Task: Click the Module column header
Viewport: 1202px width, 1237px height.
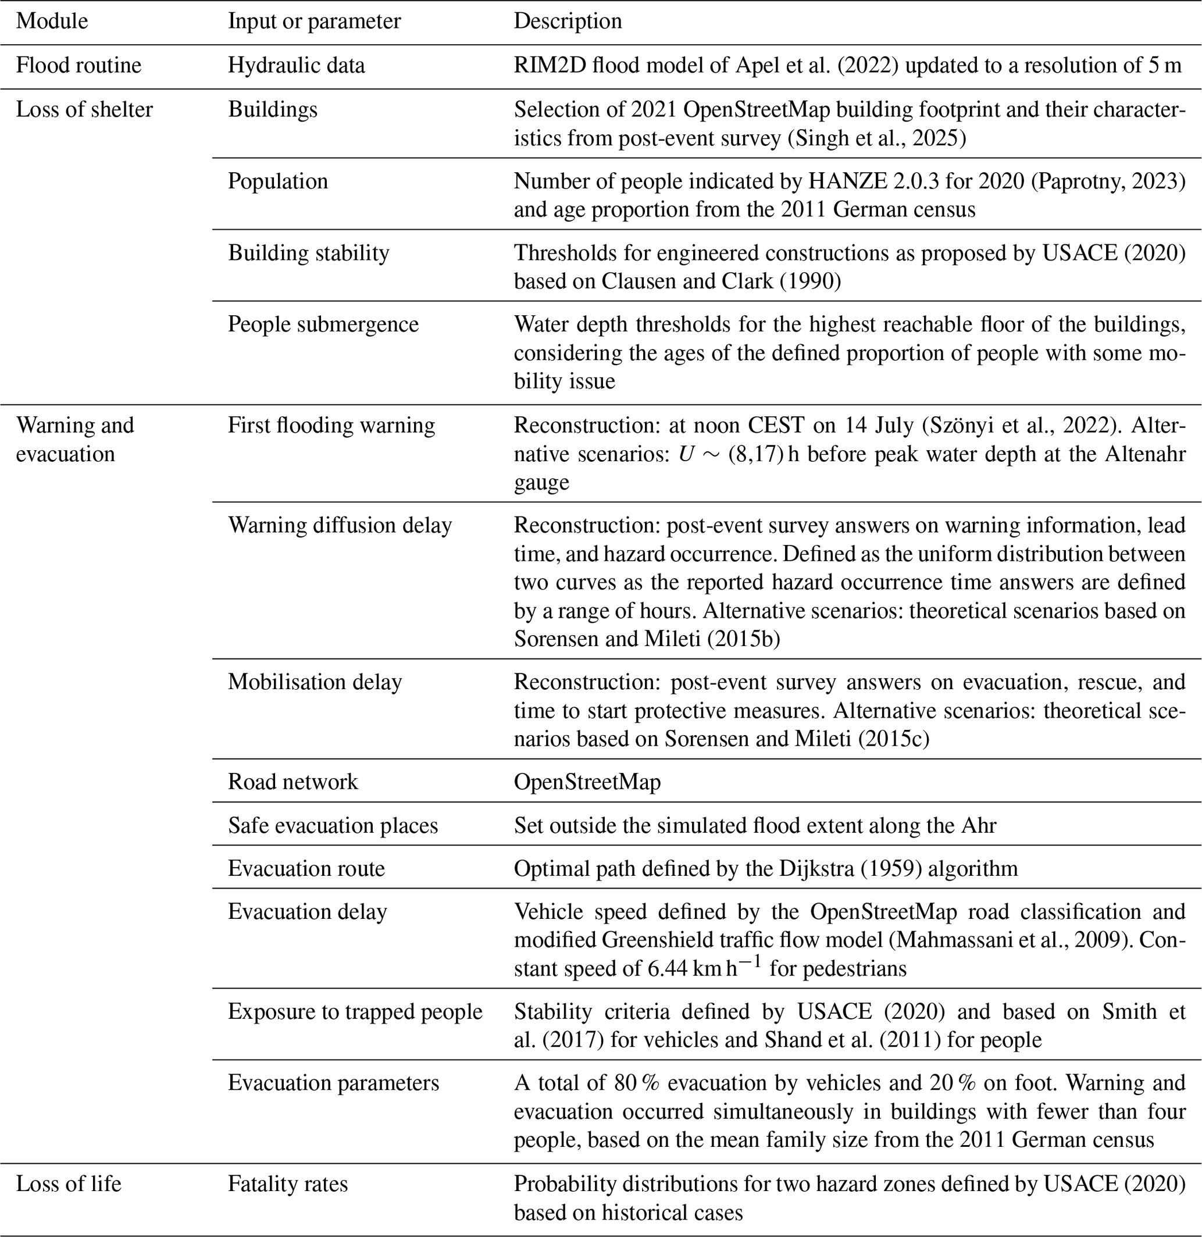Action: coord(52,21)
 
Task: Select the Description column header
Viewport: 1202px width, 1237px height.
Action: coord(568,21)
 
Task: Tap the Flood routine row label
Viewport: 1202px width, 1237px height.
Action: coord(79,65)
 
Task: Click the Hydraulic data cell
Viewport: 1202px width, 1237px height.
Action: coord(296,65)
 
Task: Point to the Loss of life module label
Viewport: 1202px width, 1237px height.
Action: coord(68,1183)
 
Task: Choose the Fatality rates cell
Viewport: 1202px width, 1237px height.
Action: coord(288,1183)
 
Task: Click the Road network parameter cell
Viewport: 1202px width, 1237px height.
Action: coord(293,782)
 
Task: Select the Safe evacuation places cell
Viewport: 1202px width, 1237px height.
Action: coord(333,825)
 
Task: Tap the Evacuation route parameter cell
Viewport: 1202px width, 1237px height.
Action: coord(306,868)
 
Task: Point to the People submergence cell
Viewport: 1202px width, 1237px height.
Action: coord(323,324)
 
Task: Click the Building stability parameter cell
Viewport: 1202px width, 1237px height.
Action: coord(309,252)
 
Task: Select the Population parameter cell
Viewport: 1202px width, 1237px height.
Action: coord(278,181)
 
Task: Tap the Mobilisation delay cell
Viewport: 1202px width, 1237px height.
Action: coord(315,682)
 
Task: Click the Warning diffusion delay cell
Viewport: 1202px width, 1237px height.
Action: coord(340,525)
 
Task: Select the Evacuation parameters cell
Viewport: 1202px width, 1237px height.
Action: coord(333,1083)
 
